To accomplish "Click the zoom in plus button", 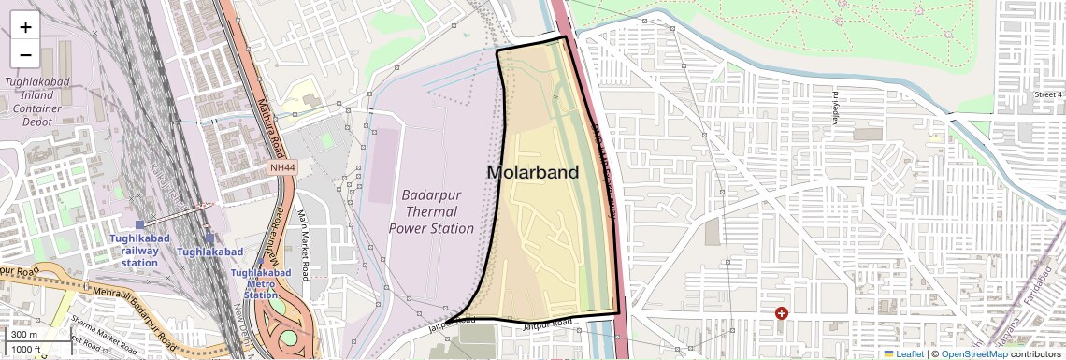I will (x=25, y=27).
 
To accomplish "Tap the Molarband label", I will (x=532, y=172).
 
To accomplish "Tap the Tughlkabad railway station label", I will (x=139, y=251).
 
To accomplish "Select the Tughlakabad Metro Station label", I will (x=261, y=284).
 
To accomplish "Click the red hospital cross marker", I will (x=782, y=314).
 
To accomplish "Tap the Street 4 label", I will (x=1048, y=94).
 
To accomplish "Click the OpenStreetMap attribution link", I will (x=973, y=353).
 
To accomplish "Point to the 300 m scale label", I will (x=24, y=335).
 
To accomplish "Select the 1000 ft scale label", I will (x=27, y=349).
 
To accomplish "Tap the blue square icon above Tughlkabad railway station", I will (x=140, y=224).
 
